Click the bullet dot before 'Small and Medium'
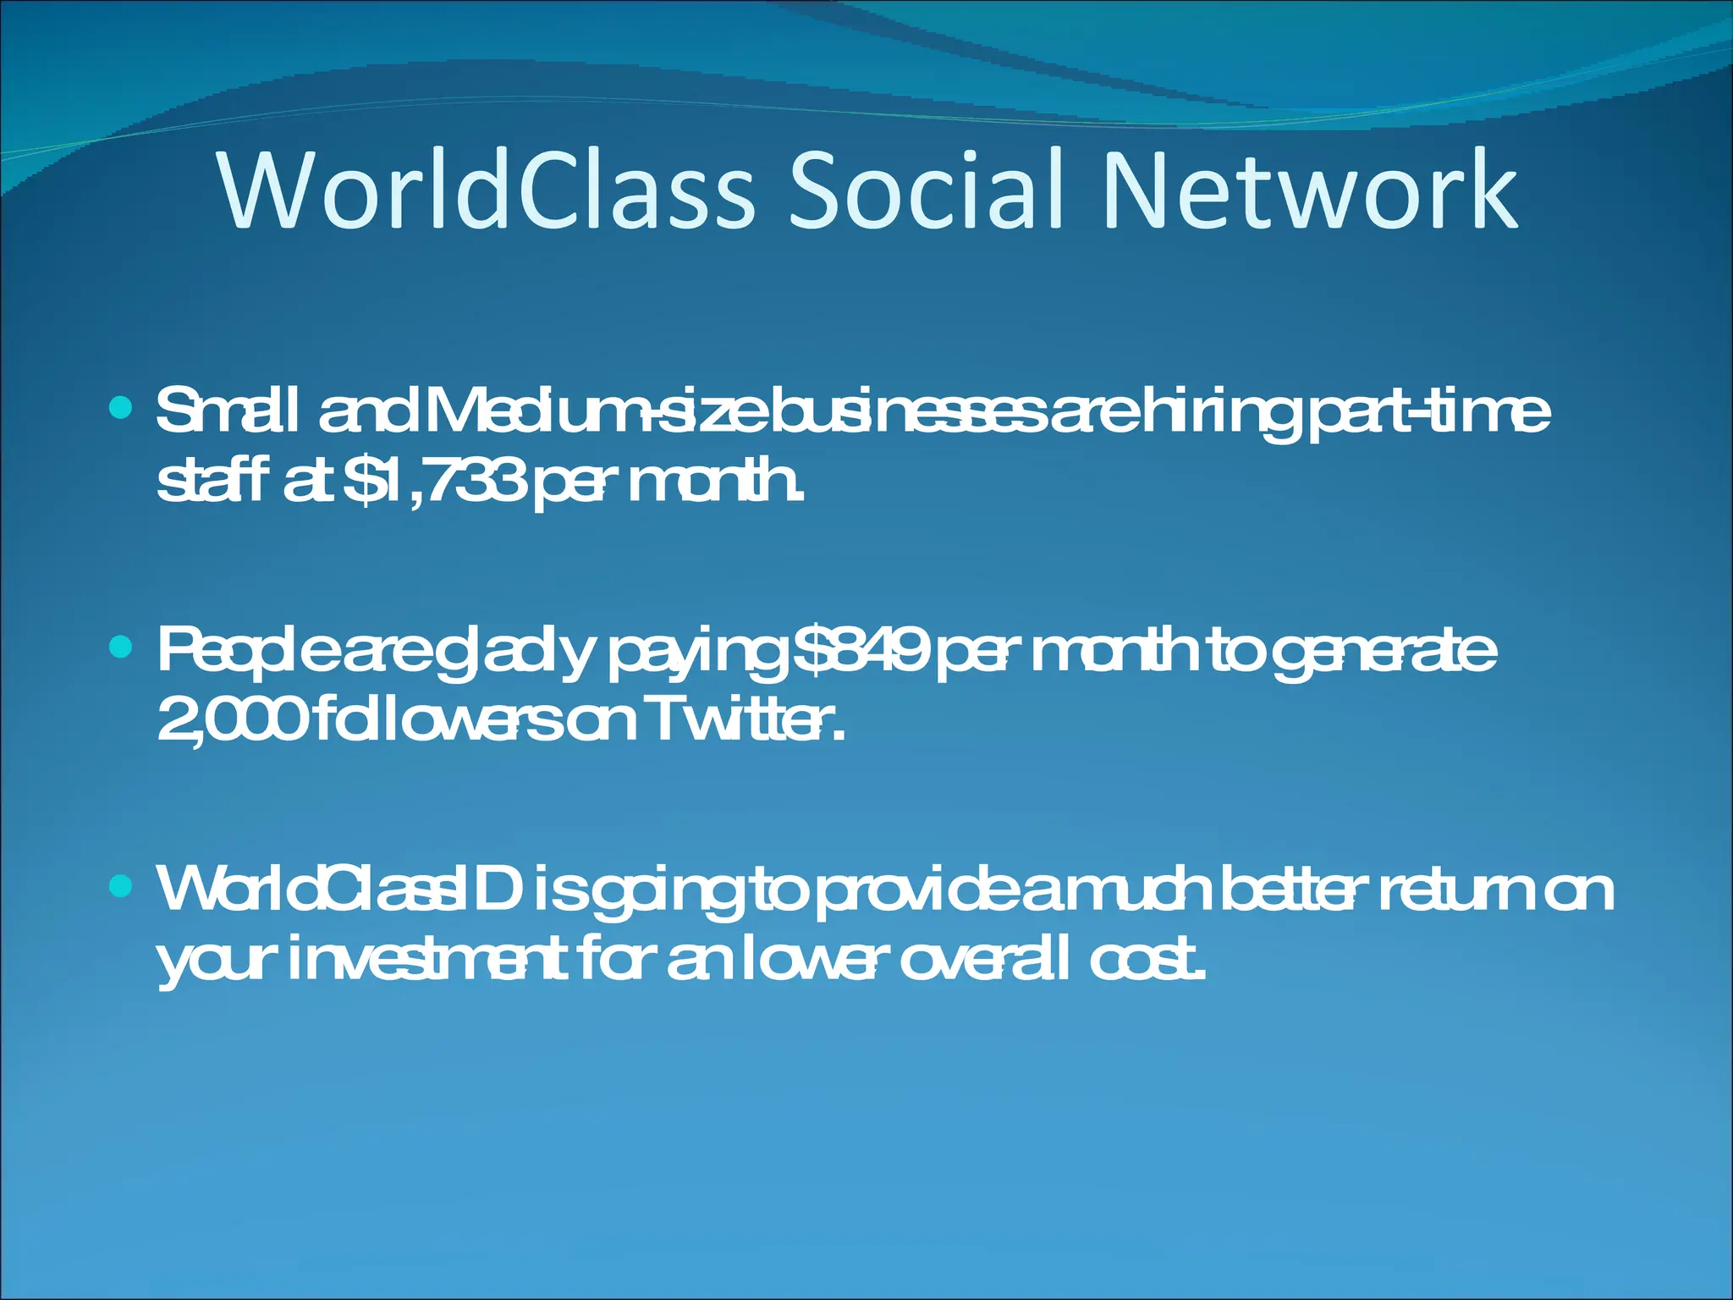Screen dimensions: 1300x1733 click(x=122, y=410)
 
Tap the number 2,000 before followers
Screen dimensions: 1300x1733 click(x=229, y=721)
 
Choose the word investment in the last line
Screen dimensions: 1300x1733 click(x=427, y=960)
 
